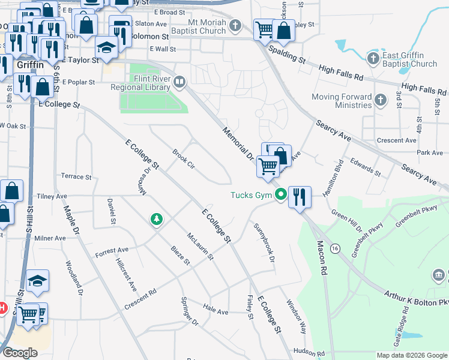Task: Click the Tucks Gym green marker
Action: (280, 194)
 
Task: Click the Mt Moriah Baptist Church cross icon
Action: (235, 26)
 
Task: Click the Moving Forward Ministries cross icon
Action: (380, 100)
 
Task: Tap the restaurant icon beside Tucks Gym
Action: (300, 197)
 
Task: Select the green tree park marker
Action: (157, 220)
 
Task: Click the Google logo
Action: (20, 353)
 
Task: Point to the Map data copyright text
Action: (411, 355)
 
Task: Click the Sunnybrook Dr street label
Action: (264, 242)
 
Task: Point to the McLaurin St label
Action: (200, 247)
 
